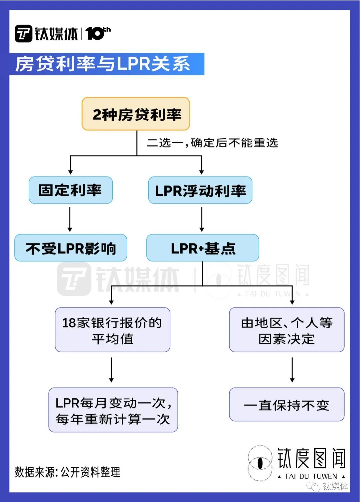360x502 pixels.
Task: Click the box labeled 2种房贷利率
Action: point(136,114)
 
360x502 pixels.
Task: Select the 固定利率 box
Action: point(71,190)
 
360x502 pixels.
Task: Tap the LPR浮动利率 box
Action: point(200,190)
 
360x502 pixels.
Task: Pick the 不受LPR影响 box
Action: point(71,248)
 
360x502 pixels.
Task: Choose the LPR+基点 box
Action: point(203,248)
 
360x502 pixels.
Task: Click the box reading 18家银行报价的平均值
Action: point(112,330)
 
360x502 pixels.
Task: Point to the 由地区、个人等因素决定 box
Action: point(287,330)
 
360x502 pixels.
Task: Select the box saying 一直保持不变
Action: point(287,405)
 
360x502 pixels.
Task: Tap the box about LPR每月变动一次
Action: point(113,410)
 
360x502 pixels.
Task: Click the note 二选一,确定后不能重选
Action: point(212,143)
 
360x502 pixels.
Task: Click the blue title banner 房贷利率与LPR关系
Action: point(107,64)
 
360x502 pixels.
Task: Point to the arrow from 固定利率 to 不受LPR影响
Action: point(70,219)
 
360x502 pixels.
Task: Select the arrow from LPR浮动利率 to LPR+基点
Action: point(202,219)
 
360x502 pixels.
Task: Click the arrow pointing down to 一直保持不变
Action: point(292,370)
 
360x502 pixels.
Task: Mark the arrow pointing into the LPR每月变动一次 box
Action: point(111,370)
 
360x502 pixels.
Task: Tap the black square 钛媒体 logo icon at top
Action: point(23,34)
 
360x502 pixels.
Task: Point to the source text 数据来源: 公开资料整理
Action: point(67,472)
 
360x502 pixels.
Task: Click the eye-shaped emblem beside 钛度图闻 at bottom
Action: point(260,463)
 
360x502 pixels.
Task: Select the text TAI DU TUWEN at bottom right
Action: point(311,476)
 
